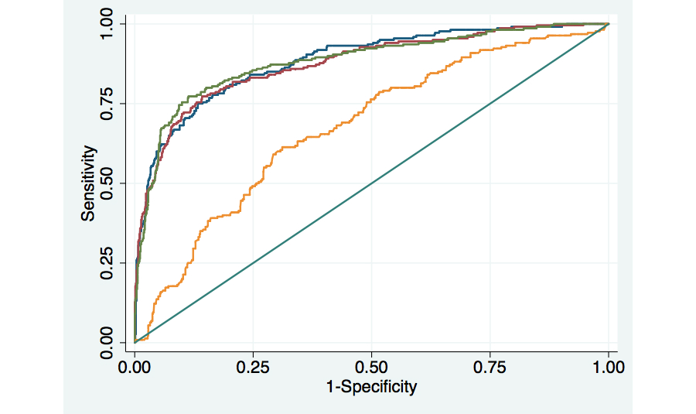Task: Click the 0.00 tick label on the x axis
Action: coord(135,368)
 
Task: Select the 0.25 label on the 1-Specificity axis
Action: coord(253,368)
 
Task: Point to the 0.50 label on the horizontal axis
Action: coord(372,368)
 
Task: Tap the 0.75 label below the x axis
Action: coord(490,368)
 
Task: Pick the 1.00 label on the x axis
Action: coord(609,368)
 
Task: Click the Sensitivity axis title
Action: coord(89,183)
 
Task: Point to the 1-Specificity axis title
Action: coord(372,386)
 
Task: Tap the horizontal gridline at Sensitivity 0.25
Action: coord(464,262)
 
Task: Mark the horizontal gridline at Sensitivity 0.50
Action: coord(503,183)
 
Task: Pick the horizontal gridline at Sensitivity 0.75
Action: coord(503,103)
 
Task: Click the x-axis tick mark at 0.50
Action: coord(372,354)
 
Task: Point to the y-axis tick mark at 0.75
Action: coord(124,103)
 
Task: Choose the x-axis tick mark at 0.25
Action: coord(253,354)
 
